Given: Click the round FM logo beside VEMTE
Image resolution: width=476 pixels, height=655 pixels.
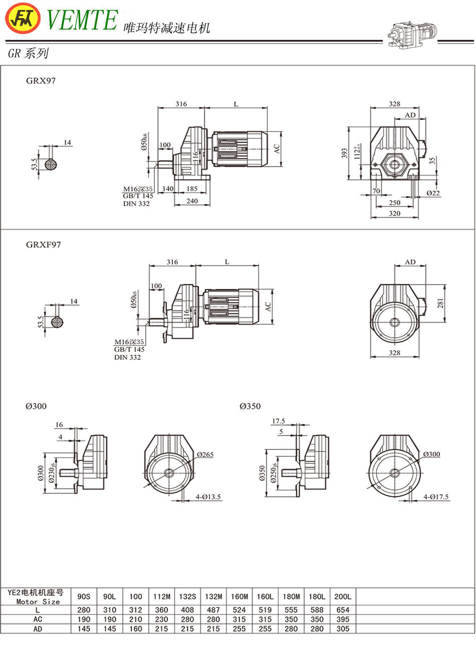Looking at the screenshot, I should click(x=23, y=19).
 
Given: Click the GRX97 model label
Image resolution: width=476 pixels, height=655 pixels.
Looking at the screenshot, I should click(x=41, y=81).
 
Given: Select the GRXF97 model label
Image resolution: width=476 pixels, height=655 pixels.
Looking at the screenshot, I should click(x=43, y=245).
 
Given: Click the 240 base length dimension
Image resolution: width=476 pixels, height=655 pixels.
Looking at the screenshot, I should click(x=192, y=201).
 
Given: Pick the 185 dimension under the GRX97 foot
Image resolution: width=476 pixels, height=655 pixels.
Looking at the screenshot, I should click(x=192, y=189).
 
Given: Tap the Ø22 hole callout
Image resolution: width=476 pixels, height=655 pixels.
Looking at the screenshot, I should click(x=433, y=193).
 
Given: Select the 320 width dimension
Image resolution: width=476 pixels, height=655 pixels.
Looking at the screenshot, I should click(x=394, y=213).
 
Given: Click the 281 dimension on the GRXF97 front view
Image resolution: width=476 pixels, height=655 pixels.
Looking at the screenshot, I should click(x=441, y=303).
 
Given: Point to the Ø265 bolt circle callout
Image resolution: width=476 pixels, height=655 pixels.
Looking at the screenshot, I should click(x=205, y=455).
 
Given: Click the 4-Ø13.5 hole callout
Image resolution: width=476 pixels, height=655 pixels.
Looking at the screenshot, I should click(x=208, y=497).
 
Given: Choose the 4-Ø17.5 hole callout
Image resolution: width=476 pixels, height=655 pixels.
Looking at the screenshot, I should click(x=436, y=497).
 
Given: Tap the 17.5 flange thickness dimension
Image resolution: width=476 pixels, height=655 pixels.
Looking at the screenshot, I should click(x=279, y=421).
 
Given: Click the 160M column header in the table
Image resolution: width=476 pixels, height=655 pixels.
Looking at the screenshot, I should click(x=240, y=596).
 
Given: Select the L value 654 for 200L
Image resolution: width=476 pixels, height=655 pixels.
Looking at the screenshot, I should click(x=343, y=610).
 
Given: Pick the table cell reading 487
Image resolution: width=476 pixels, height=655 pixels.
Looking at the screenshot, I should click(x=213, y=610).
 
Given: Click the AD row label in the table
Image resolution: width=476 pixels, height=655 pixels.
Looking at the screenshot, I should click(x=38, y=628).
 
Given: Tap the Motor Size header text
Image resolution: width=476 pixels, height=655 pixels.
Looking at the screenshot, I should click(x=38, y=601).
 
